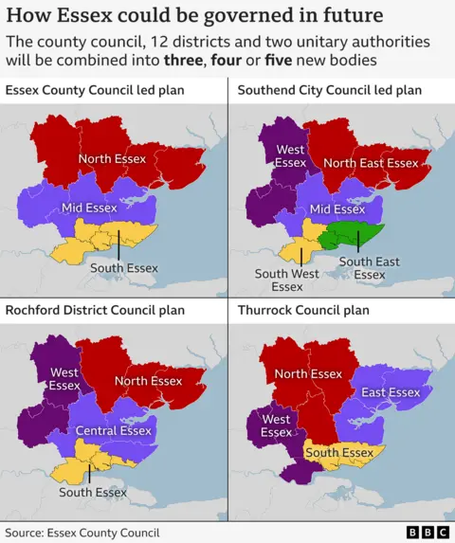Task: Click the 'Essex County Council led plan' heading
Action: (x=95, y=90)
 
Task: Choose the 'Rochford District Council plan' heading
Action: (x=95, y=310)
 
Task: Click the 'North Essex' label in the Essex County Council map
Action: (x=112, y=158)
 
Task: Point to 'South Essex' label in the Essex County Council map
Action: (x=123, y=268)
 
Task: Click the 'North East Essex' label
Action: (x=371, y=163)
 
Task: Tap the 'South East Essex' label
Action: (x=369, y=268)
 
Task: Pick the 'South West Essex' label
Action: (x=286, y=281)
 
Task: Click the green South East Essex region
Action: (x=353, y=236)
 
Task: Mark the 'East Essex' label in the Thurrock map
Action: (x=391, y=392)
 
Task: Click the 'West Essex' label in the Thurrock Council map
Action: (x=276, y=425)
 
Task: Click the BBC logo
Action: (x=427, y=533)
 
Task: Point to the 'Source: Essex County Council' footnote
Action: (x=82, y=533)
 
